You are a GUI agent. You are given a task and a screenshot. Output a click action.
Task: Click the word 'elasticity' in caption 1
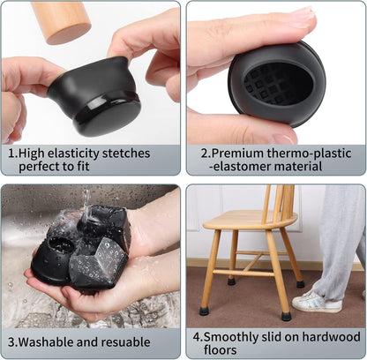pos(89,153)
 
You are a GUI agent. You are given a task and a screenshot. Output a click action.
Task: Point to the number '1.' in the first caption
pos(13,153)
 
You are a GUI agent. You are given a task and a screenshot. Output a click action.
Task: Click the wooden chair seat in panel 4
pos(246,220)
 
